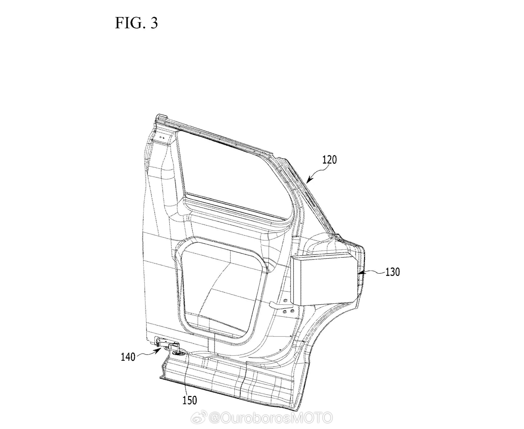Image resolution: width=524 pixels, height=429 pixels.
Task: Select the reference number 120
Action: [x=329, y=160]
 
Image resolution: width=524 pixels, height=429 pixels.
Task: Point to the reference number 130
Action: [x=392, y=272]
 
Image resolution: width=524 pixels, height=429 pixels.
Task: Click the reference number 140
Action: [x=128, y=357]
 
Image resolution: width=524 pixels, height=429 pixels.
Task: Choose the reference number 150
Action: [x=189, y=400]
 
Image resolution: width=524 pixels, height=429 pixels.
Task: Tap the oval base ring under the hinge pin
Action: [x=180, y=354]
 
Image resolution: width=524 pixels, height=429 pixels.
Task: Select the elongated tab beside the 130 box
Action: [x=280, y=305]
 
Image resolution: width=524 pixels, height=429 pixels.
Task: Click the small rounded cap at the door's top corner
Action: [x=160, y=116]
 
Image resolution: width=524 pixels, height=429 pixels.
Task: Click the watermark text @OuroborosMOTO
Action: [x=270, y=418]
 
